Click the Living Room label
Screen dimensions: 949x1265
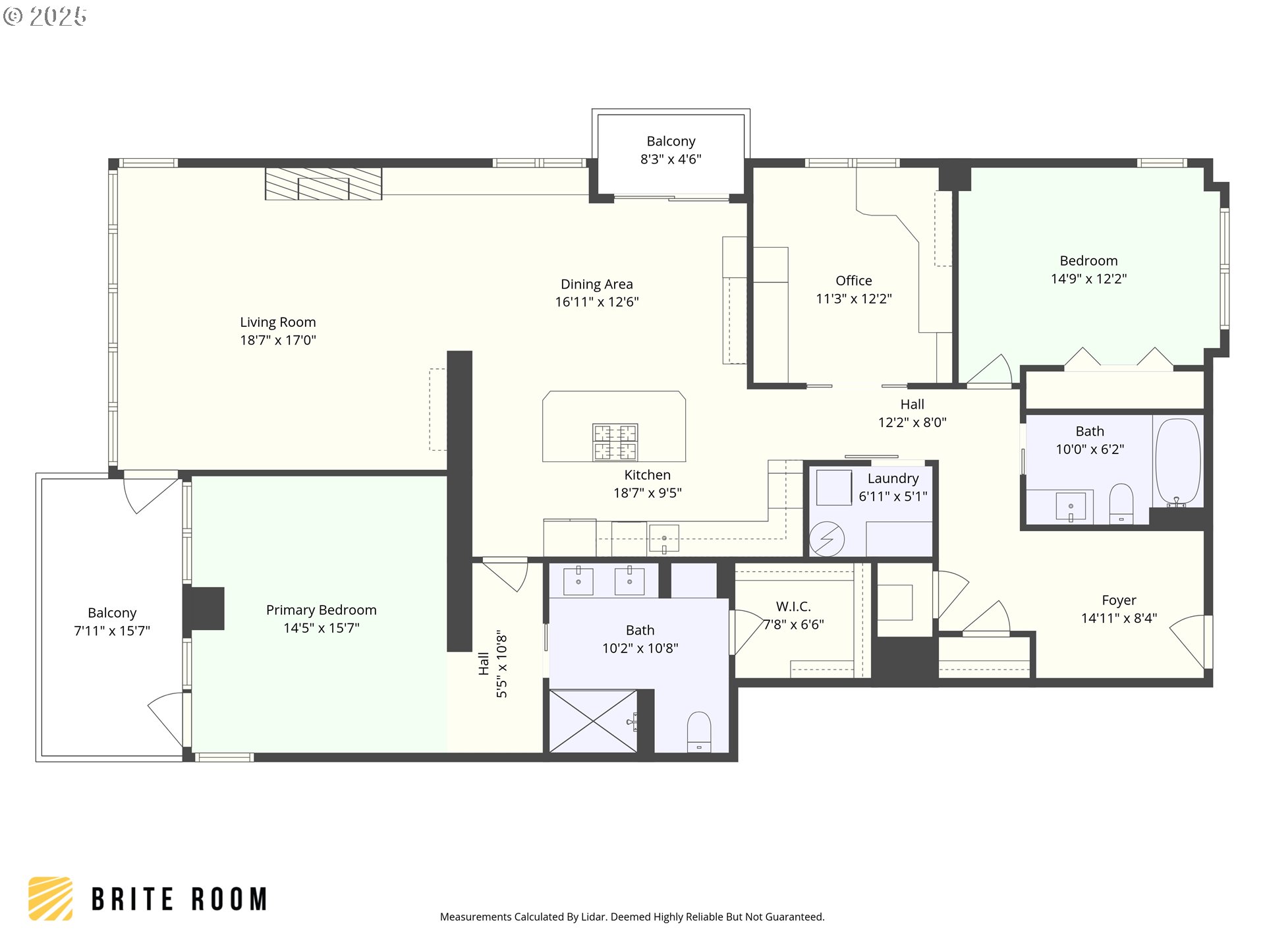pyautogui.click(x=277, y=322)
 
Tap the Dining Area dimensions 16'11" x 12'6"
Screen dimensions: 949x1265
pyautogui.click(x=596, y=302)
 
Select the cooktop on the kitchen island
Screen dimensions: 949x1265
pyautogui.click(x=615, y=442)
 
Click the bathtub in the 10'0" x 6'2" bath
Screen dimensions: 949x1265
pyautogui.click(x=1177, y=461)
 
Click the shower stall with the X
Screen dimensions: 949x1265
pyautogui.click(x=592, y=721)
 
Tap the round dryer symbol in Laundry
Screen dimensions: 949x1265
pyautogui.click(x=826, y=539)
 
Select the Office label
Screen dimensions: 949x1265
pyautogui.click(x=853, y=281)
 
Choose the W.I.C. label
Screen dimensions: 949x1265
pyautogui.click(x=793, y=606)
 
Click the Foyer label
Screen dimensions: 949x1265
pyautogui.click(x=1119, y=600)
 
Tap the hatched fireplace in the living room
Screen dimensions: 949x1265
pyautogui.click(x=323, y=184)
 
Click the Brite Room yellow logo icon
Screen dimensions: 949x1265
pyautogui.click(x=50, y=898)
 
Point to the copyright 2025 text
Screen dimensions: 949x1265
pyautogui.click(x=45, y=16)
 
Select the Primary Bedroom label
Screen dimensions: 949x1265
pyautogui.click(x=321, y=610)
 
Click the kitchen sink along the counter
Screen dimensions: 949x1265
pyautogui.click(x=663, y=539)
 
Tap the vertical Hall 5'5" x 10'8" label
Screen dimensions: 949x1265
pyautogui.click(x=493, y=664)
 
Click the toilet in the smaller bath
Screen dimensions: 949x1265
pyautogui.click(x=1121, y=504)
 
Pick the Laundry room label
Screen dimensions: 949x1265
pyautogui.click(x=893, y=478)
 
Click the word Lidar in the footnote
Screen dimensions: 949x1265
pyautogui.click(x=593, y=917)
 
